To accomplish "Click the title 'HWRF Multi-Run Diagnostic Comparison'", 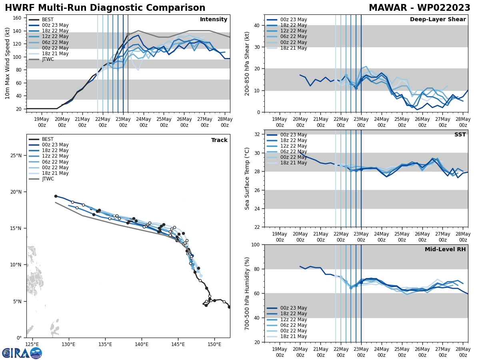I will click(105, 8).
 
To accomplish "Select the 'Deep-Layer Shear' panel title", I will click(438, 20).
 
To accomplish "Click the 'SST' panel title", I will click(460, 135).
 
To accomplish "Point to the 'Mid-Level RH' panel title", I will click(445, 250).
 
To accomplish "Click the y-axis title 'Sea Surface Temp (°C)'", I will click(247, 178).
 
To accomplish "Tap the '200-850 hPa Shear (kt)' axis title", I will click(247, 63).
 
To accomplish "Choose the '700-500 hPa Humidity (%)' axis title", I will click(247, 293).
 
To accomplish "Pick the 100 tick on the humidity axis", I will click(256, 245).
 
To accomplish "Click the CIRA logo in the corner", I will click(22, 353).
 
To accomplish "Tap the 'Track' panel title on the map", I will click(219, 140).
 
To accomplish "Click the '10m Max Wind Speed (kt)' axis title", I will click(7, 63).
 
